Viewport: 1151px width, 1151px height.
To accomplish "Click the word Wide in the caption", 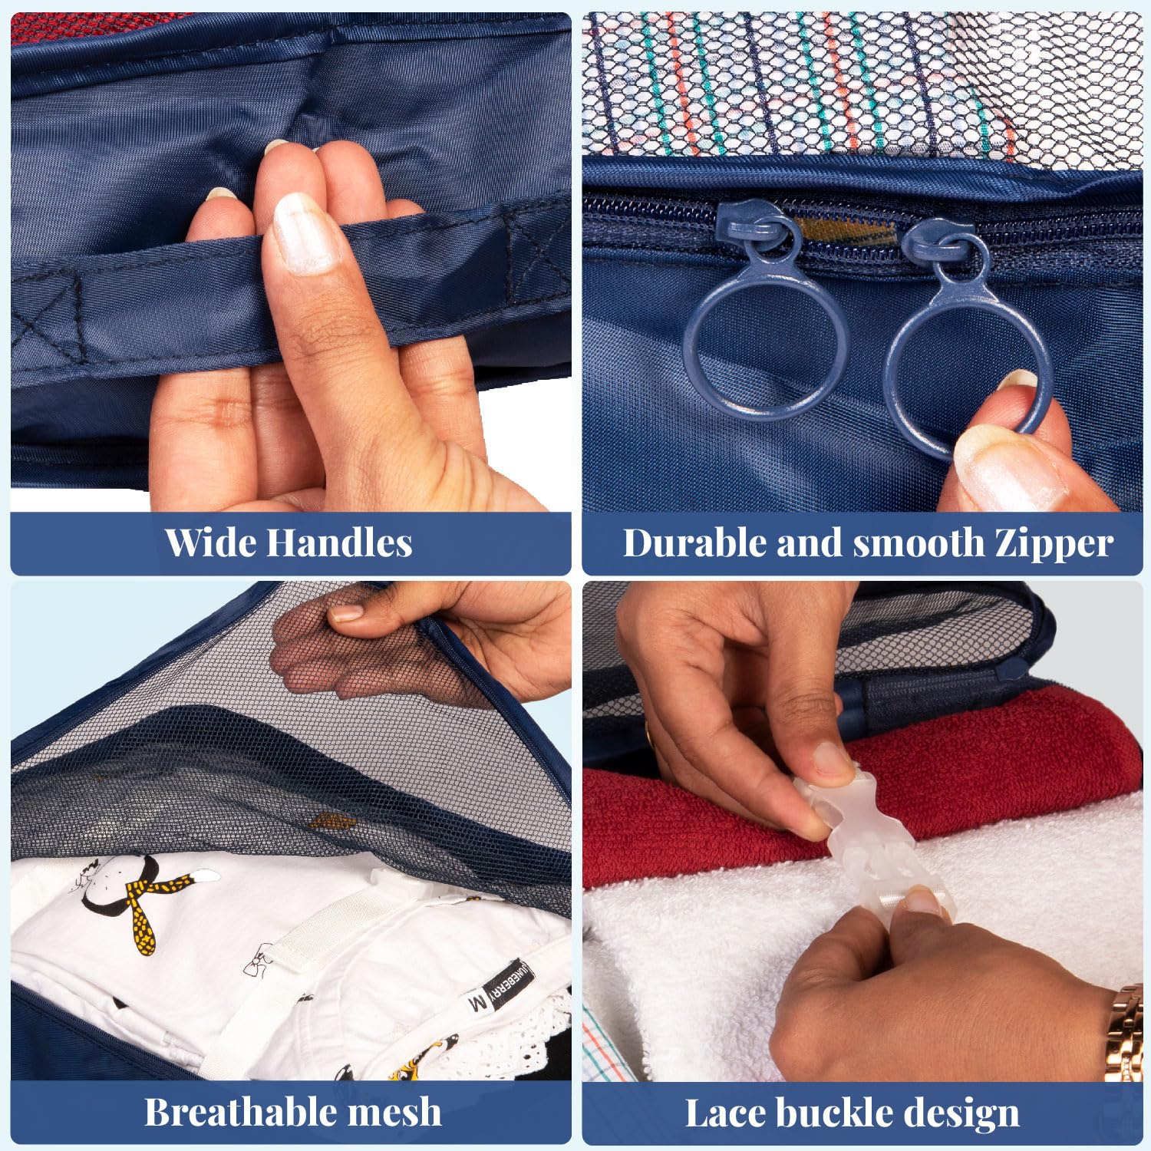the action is coord(209,543).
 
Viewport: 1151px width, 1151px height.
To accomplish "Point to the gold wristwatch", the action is coord(1124,1032).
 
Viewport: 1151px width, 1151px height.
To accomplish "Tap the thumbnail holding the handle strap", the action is coord(305,232).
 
